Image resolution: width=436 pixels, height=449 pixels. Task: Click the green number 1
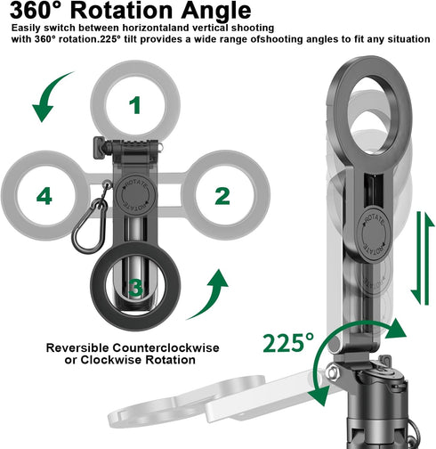tap(135, 105)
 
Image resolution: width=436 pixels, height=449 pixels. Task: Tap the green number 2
tap(222, 196)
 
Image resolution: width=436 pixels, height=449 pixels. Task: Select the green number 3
tap(136, 288)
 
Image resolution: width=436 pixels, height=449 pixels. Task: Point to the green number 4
tap(44, 196)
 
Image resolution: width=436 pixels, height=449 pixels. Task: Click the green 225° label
tap(288, 343)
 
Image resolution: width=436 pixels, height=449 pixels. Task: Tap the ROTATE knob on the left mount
tap(135, 195)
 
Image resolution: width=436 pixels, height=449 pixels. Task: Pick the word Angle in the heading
tap(216, 12)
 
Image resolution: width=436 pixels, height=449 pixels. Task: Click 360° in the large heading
tap(37, 11)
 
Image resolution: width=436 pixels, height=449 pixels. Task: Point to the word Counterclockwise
tap(166, 347)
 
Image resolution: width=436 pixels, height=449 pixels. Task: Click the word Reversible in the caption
tap(77, 347)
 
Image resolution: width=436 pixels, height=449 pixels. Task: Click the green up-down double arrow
tap(423, 258)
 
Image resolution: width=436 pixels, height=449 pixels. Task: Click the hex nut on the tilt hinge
tap(332, 372)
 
